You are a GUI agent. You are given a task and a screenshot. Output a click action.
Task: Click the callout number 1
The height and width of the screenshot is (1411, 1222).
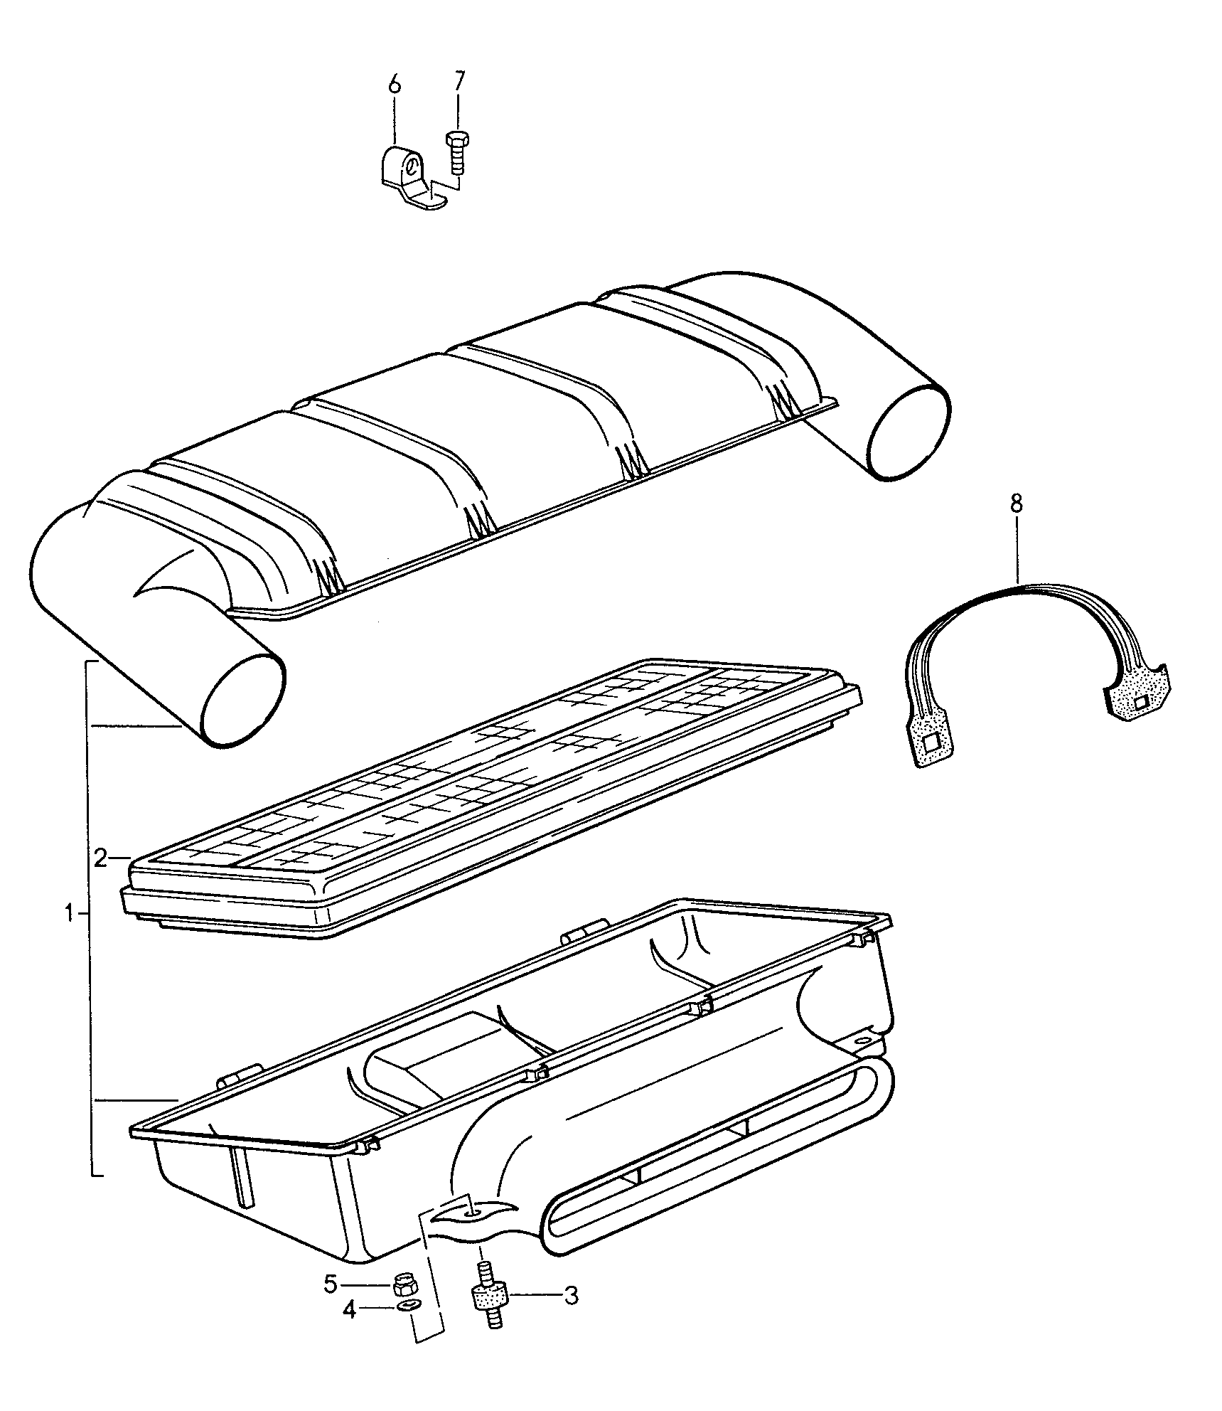tap(69, 912)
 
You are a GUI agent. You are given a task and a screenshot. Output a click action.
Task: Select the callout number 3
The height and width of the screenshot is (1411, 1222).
tap(571, 1296)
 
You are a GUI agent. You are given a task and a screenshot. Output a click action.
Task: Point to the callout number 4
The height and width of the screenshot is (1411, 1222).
tap(349, 1309)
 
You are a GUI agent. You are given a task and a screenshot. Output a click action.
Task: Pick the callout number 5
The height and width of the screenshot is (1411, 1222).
tap(331, 1284)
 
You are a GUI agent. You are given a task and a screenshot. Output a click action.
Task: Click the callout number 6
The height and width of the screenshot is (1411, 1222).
tap(395, 84)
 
